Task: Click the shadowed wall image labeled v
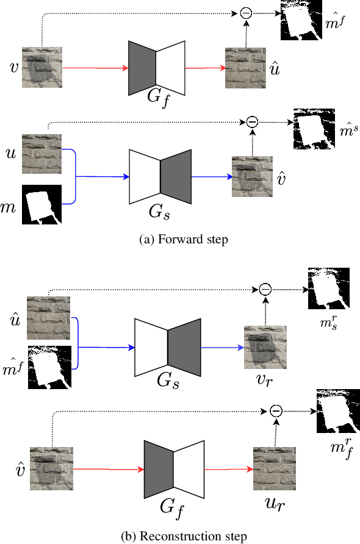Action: click(x=41, y=68)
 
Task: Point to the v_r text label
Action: click(x=265, y=379)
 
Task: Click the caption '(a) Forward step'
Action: click(x=184, y=240)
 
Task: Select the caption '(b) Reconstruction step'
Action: click(x=184, y=537)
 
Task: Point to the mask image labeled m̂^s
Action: click(x=314, y=129)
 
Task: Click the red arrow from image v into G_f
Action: click(x=95, y=68)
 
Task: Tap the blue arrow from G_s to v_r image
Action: click(x=222, y=346)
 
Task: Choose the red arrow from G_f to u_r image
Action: click(x=228, y=470)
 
